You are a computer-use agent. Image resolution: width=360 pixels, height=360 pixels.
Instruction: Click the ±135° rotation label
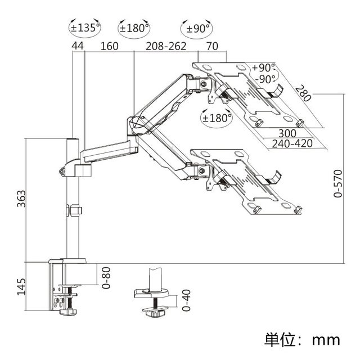tap(85, 28)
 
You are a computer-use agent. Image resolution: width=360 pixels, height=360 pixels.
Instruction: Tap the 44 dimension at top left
tap(78, 46)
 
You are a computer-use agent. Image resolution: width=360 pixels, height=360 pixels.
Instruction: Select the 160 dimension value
tap(110, 46)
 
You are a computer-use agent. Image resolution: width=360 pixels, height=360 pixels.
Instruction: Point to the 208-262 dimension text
tap(166, 46)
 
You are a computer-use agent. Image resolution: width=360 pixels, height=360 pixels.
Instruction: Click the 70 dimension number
tap(212, 46)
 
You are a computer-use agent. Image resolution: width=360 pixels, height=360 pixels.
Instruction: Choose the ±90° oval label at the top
tap(197, 29)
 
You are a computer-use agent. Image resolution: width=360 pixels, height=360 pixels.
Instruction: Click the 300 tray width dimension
tap(287, 133)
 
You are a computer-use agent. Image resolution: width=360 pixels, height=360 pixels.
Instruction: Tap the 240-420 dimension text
tap(292, 144)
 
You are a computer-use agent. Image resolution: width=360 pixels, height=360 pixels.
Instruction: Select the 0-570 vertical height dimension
tap(338, 183)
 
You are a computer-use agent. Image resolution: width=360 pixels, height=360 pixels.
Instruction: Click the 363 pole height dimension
tap(21, 199)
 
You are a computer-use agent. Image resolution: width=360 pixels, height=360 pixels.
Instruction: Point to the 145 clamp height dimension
tap(21, 286)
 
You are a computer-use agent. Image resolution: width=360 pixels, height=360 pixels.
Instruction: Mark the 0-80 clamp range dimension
tap(106, 277)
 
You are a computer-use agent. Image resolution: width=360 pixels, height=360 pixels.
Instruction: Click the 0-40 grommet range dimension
tap(186, 300)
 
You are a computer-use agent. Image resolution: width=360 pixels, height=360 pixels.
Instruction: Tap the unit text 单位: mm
tap(302, 340)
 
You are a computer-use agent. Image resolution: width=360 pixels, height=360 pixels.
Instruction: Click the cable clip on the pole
tap(74, 210)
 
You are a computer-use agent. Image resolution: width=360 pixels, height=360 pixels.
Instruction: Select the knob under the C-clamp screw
tap(68, 312)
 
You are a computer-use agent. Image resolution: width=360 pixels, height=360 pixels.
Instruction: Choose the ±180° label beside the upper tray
tap(217, 118)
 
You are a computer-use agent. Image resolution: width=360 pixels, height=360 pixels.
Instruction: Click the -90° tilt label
tap(265, 79)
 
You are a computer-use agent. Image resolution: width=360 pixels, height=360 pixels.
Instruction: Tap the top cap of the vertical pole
tap(73, 139)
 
